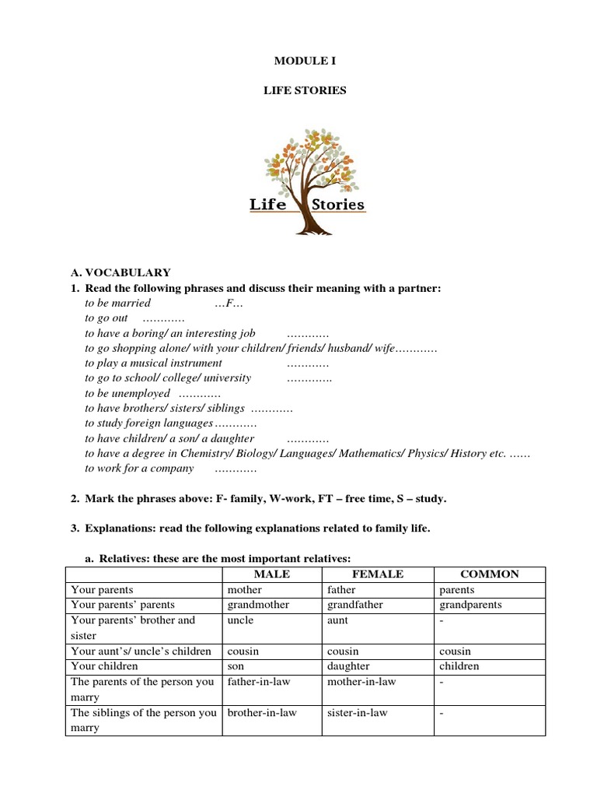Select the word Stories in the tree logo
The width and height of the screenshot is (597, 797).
[337, 205]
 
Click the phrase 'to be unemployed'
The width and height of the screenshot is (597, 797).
[127, 393]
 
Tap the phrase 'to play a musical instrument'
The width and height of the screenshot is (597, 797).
[153, 363]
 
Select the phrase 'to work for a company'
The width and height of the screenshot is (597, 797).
[139, 469]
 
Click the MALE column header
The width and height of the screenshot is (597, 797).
[271, 574]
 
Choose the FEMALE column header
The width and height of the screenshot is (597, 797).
[378, 574]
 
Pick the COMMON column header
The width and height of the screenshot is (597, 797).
[490, 574]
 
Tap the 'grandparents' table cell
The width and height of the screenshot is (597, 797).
[470, 605]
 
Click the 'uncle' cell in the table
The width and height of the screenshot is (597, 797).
[240, 620]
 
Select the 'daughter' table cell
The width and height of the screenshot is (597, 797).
[349, 666]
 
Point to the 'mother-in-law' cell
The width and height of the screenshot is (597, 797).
[362, 682]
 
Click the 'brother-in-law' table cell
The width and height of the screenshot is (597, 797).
[261, 713]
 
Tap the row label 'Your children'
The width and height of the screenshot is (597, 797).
[104, 666]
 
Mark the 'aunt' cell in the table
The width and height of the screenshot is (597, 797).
[338, 620]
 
